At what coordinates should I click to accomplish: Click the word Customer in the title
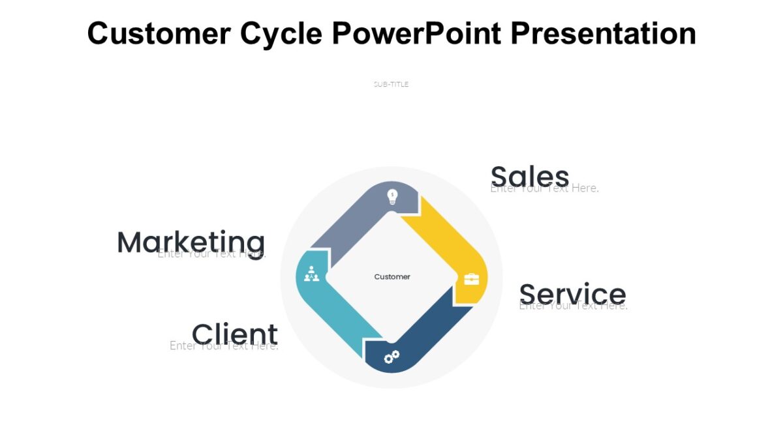pos(159,33)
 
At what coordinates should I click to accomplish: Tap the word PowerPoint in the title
pos(416,33)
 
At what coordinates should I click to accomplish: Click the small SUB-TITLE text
pos(391,84)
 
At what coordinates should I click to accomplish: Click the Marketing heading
pos(191,242)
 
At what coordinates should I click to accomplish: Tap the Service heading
pos(572,293)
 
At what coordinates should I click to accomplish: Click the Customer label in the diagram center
pos(392,277)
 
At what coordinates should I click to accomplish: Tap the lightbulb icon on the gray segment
pos(392,196)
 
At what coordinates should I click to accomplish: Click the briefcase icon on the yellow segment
pos(471,279)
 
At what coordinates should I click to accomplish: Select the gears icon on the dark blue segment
pos(391,357)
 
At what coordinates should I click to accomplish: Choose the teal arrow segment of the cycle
pos(339,313)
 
